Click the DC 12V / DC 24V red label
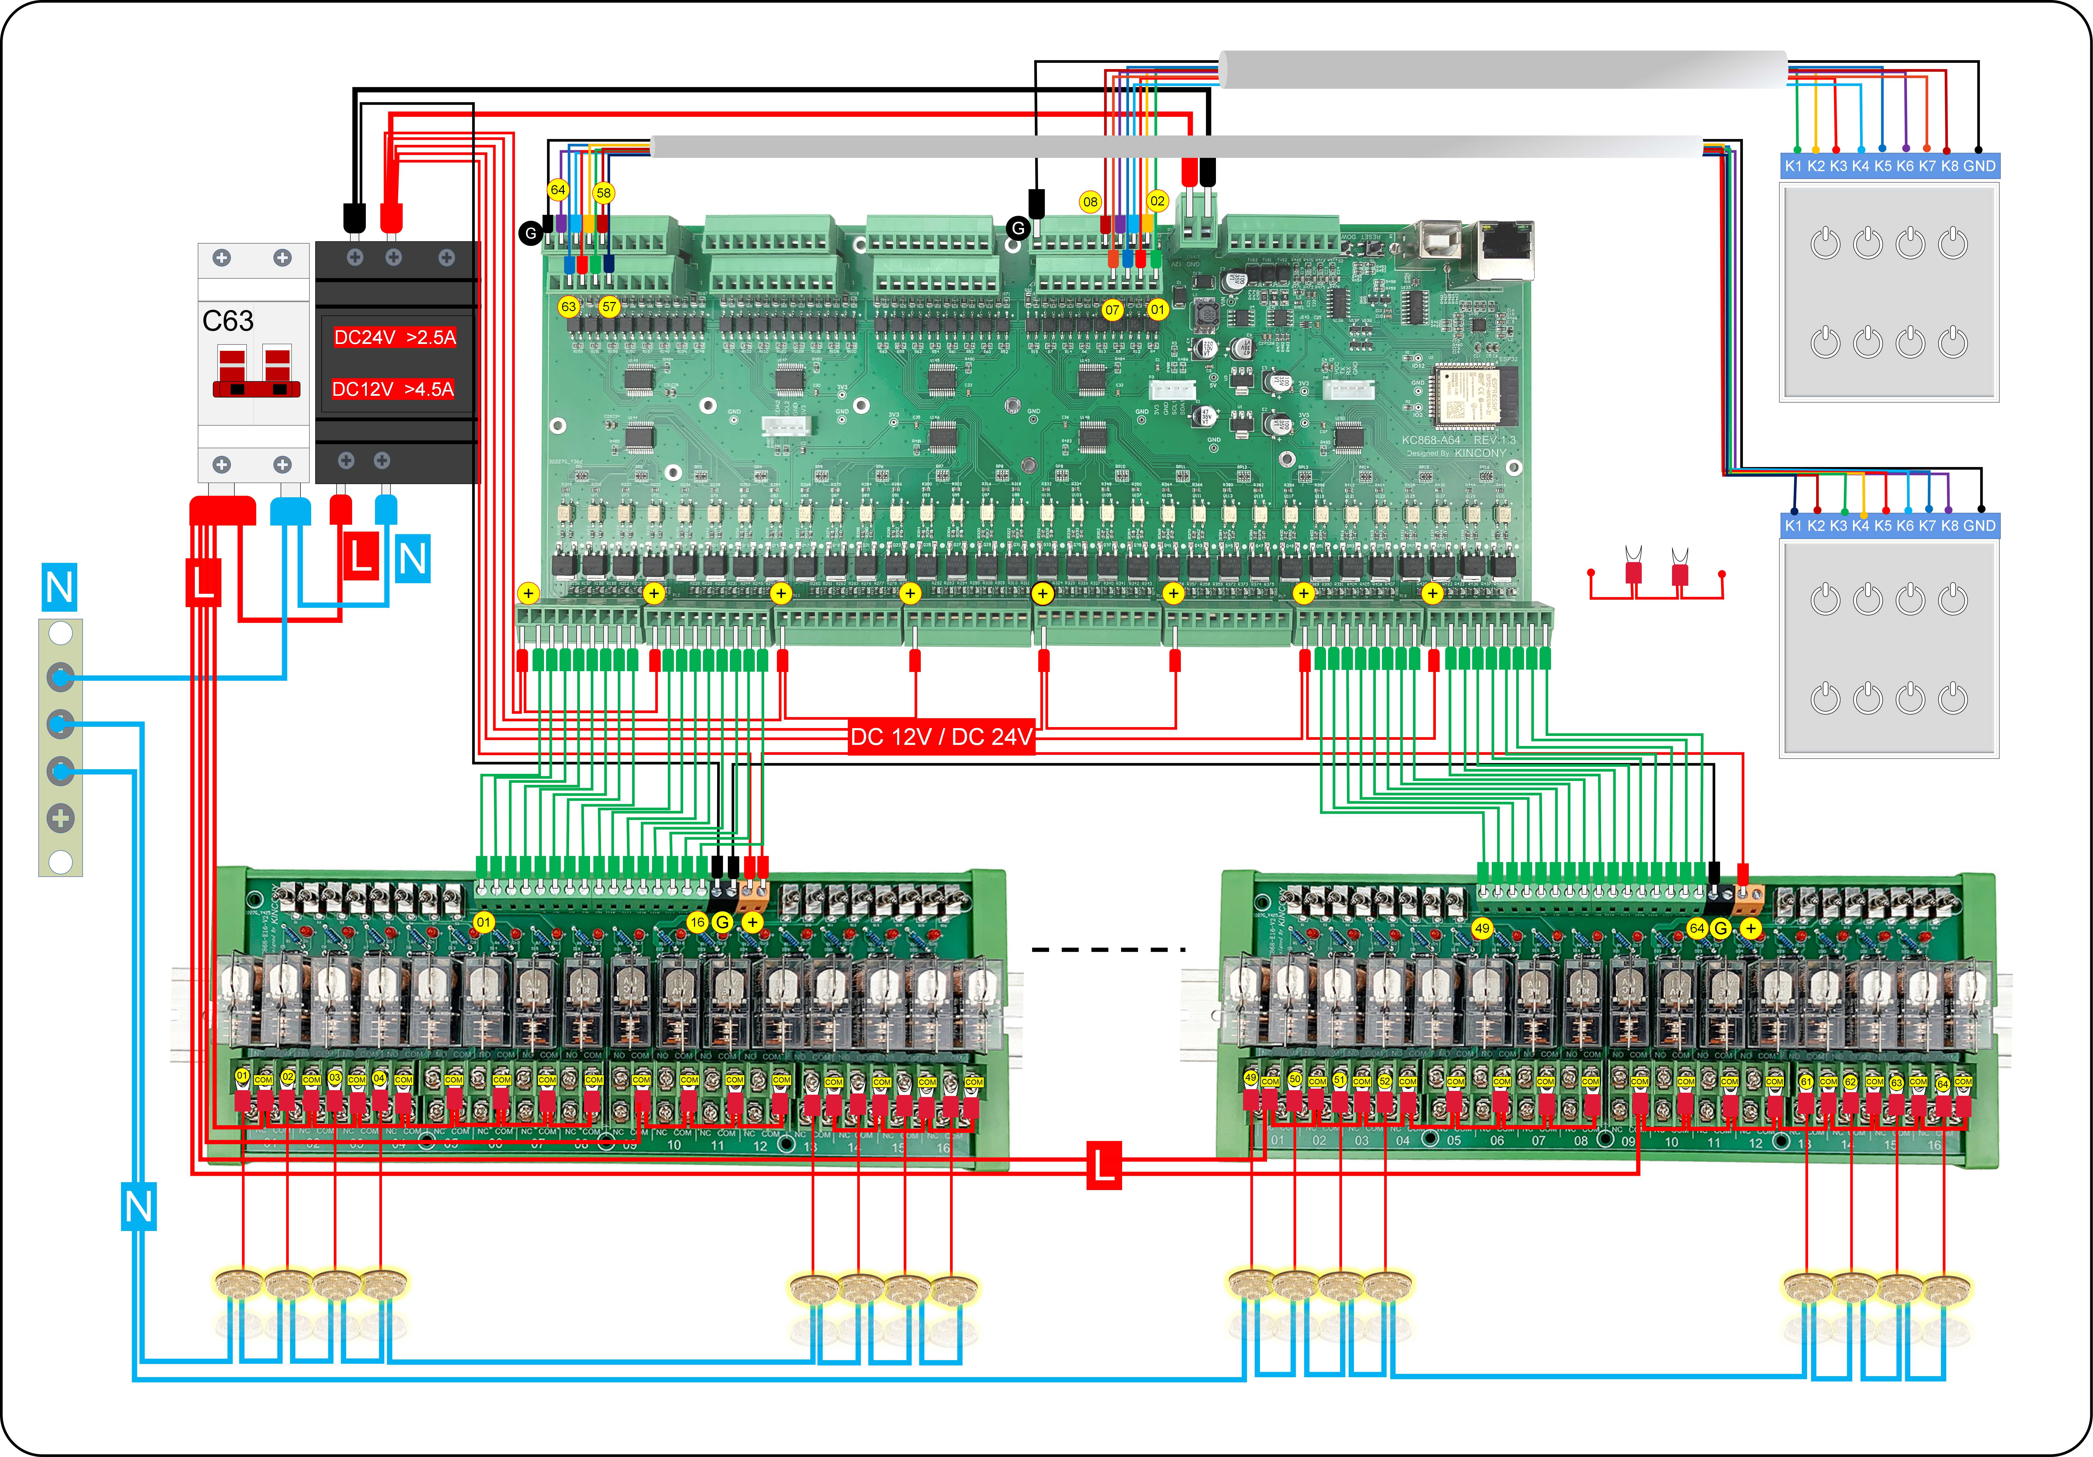click(941, 737)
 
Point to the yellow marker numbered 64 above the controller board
click(558, 190)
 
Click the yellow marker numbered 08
click(1090, 202)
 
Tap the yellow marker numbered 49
click(1482, 928)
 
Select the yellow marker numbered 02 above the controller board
click(1157, 201)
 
